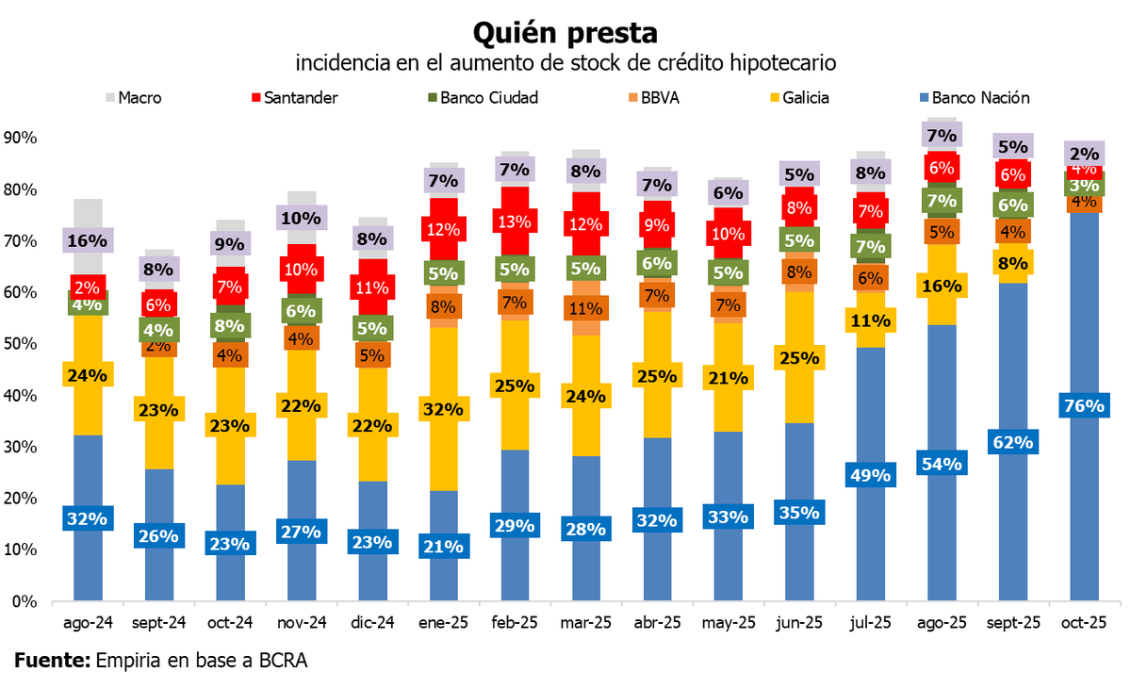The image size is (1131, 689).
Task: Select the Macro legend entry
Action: pyautogui.click(x=132, y=97)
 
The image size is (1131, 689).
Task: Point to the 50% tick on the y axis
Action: pyautogui.click(x=20, y=344)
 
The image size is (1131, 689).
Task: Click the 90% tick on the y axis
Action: pyautogui.click(x=20, y=138)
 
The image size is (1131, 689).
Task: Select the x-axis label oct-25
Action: pyautogui.click(x=1084, y=623)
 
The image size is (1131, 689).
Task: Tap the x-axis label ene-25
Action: pyautogui.click(x=443, y=623)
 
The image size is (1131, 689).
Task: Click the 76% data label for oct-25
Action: pyautogui.click(x=1084, y=406)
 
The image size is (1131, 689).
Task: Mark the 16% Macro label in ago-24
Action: pyautogui.click(x=88, y=240)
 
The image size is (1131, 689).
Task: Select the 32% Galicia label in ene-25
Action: pyautogui.click(x=443, y=410)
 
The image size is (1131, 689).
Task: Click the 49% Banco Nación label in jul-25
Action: pyautogui.click(x=870, y=475)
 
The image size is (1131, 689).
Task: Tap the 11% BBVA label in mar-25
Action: pyautogui.click(x=586, y=307)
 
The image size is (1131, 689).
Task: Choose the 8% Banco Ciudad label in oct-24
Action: pyautogui.click(x=230, y=326)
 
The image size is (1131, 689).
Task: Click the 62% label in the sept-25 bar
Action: pyautogui.click(x=1012, y=441)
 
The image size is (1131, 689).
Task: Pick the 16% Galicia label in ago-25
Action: pyautogui.click(x=941, y=286)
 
